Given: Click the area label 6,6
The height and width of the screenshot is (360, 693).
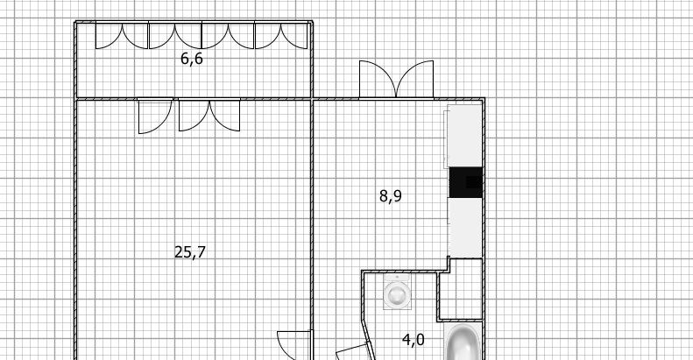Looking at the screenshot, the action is click(192, 59).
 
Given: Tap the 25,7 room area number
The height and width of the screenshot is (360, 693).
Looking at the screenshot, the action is click(190, 252).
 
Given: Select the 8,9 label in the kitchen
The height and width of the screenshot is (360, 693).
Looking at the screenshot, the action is click(391, 195).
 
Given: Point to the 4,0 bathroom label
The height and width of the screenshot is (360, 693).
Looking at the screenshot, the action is click(414, 340).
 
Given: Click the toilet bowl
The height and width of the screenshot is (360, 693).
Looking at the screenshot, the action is click(397, 294).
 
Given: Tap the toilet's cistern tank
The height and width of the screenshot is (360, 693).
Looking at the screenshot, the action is click(397, 278).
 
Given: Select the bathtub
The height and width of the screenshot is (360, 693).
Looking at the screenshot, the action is click(463, 342).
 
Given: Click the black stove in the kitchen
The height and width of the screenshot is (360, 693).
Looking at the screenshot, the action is click(465, 182).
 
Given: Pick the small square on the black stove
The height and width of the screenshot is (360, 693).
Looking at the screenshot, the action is click(472, 182).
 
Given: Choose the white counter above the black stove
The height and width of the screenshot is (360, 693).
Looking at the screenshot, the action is click(464, 136).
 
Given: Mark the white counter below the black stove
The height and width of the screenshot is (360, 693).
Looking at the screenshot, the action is click(465, 228).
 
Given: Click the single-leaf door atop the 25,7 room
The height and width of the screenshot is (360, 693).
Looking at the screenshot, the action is click(155, 116).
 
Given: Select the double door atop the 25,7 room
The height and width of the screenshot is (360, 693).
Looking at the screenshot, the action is click(209, 116).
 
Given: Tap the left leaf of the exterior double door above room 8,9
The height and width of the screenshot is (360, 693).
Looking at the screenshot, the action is click(378, 79).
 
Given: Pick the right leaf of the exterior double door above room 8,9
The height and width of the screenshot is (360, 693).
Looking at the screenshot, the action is click(415, 79).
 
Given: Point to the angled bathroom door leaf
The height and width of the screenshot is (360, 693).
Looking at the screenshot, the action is click(352, 352).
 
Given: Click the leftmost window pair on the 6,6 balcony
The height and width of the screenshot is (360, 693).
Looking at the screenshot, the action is click(122, 36).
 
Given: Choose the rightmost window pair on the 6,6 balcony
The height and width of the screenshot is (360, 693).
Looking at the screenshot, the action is click(281, 36).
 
